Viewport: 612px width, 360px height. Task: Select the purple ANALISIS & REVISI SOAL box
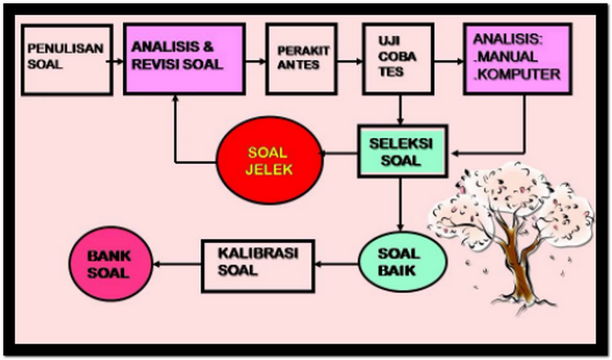(184, 59)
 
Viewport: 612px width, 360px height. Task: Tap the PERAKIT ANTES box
(300, 59)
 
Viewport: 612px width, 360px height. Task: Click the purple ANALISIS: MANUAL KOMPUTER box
(517, 59)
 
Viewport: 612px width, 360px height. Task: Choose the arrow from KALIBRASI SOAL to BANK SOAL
(178, 263)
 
